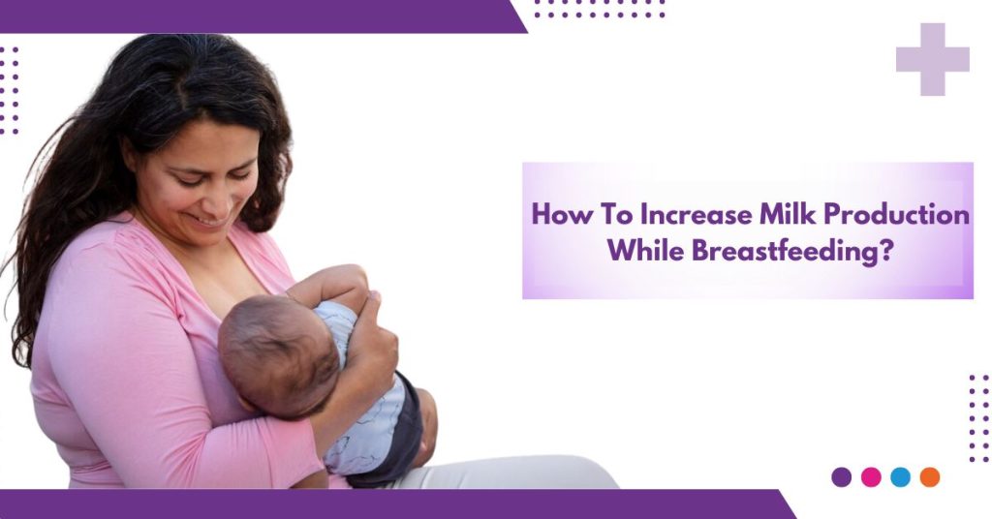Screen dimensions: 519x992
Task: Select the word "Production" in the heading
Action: (883, 215)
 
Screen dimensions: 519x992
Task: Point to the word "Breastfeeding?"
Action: (792, 252)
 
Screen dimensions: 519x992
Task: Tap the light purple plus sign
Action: (932, 59)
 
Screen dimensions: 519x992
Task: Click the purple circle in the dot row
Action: (841, 476)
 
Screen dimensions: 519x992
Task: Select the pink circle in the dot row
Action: (871, 476)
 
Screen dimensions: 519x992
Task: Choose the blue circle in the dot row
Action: (900, 476)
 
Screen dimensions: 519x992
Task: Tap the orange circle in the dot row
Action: (930, 476)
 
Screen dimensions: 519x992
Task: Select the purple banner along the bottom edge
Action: (387, 504)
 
